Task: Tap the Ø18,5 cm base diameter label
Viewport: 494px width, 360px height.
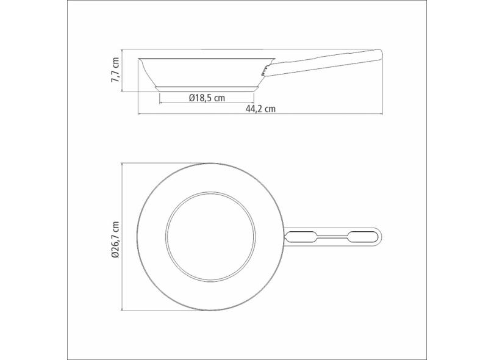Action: [x=206, y=98]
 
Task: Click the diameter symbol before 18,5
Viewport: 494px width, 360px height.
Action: [x=192, y=98]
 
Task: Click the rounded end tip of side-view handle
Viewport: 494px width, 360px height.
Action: [x=381, y=53]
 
